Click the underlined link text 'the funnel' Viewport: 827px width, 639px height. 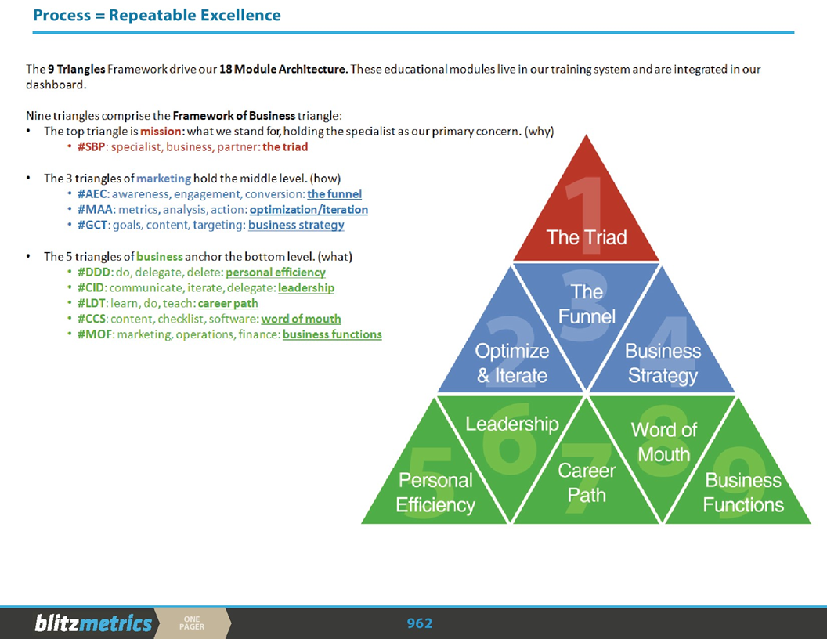coord(334,194)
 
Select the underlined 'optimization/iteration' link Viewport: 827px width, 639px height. coord(309,210)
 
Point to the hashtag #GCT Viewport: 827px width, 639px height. coord(91,226)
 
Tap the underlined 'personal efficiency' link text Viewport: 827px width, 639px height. coord(276,273)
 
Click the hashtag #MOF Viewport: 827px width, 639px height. coord(92,334)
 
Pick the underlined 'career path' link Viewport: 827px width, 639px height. coord(228,303)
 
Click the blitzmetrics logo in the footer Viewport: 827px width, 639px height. coord(93,623)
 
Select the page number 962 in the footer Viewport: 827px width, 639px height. coord(420,623)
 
